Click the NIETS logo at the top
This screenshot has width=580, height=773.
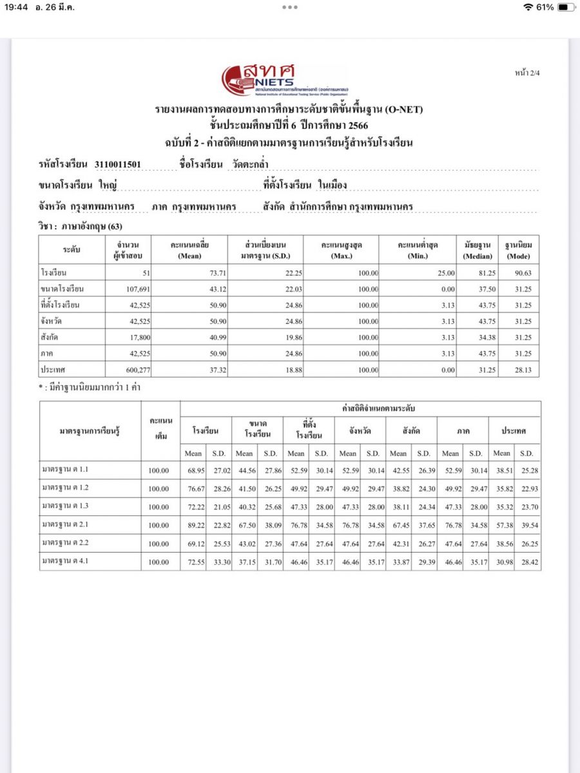[x=284, y=80]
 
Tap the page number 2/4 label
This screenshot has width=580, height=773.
[x=527, y=73]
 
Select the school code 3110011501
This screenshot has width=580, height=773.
[x=117, y=164]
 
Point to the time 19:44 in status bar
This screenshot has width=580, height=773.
[x=16, y=7]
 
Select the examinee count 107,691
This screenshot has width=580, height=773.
[x=135, y=289]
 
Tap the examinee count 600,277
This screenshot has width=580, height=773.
[x=135, y=370]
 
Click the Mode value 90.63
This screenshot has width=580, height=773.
[x=521, y=273]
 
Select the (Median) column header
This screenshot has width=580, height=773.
[x=478, y=256]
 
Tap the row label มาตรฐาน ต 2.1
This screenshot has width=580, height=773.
[x=66, y=524]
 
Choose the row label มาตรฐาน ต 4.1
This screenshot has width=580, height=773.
[x=66, y=561]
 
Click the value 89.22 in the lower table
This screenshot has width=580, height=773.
[x=193, y=525]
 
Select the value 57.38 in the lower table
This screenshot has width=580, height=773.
[x=502, y=525]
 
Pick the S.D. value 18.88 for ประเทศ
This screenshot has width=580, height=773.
[x=275, y=370]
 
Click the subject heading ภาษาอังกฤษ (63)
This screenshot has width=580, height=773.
[x=81, y=226]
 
